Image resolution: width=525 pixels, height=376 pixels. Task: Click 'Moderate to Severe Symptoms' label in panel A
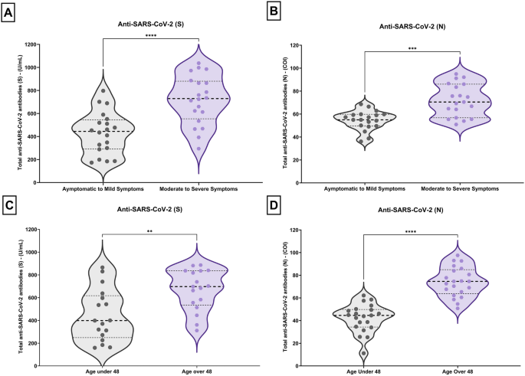tap(198, 188)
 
